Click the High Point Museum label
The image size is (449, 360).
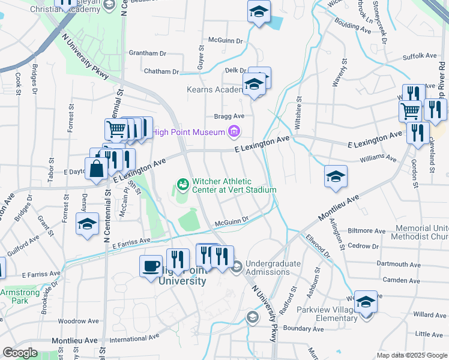tap(189, 133)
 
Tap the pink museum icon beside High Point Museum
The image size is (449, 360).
tap(234, 132)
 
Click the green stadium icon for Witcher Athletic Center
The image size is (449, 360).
tap(183, 183)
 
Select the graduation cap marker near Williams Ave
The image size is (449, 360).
tap(336, 176)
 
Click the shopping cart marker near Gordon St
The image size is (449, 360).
tap(411, 110)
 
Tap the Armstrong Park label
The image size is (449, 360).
tap(14, 296)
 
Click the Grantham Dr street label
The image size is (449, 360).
tap(147, 53)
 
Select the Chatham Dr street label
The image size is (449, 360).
tap(161, 71)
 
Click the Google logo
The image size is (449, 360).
tap(20, 353)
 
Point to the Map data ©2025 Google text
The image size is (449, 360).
tap(411, 355)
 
